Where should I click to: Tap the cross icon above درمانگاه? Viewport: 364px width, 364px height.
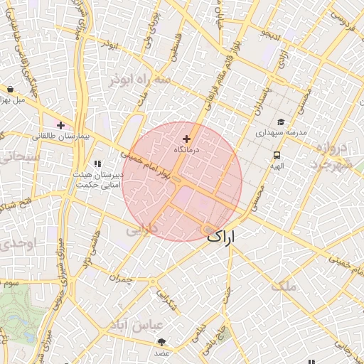(187, 139)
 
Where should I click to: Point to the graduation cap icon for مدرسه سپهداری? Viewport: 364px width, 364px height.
(281, 122)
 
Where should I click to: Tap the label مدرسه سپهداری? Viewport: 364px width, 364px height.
(281, 133)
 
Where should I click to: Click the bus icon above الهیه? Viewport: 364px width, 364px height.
(275, 155)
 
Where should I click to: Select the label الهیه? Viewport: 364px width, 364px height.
(276, 166)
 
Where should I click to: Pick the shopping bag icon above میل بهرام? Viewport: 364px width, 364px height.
(10, 90)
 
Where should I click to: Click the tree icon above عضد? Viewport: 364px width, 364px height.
(162, 343)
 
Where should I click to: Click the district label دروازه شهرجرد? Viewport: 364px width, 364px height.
(333, 157)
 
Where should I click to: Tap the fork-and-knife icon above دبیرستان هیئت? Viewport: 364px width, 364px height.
(97, 164)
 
